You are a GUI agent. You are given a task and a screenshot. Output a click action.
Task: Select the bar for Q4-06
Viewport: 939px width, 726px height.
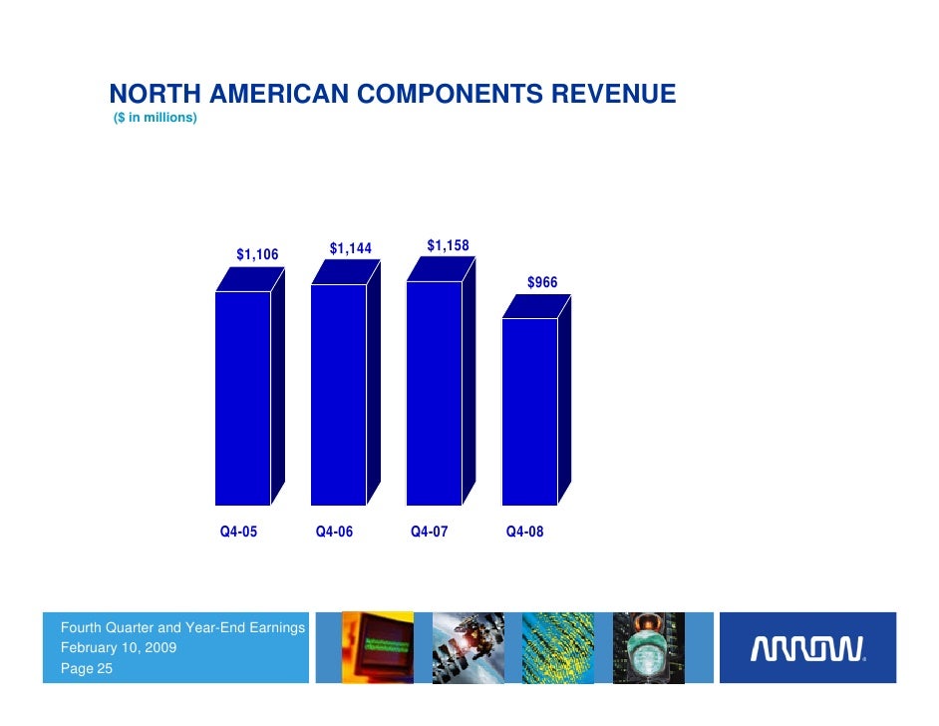339,394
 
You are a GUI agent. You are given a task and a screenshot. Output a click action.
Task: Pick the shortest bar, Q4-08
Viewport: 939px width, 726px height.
529,411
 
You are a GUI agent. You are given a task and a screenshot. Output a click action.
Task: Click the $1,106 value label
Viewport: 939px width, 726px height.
257,255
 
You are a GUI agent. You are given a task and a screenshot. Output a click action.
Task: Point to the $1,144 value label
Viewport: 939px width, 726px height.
350,248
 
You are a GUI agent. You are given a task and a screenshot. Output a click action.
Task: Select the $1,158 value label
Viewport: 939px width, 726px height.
448,245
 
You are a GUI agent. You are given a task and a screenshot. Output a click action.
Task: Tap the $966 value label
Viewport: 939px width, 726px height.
543,283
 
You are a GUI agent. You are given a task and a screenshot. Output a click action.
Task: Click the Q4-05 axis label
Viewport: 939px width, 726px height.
238,533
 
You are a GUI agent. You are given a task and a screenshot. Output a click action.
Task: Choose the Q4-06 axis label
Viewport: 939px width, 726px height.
334,533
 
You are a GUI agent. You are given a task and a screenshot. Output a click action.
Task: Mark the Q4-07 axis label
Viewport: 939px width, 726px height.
430,533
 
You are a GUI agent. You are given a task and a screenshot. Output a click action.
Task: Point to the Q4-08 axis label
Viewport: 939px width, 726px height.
525,533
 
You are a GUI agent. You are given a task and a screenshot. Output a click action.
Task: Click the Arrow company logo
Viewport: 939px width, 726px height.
806,650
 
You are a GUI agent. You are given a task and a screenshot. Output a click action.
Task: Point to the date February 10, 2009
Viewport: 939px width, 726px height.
120,648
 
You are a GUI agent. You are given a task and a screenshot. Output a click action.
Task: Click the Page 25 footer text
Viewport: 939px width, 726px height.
87,669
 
